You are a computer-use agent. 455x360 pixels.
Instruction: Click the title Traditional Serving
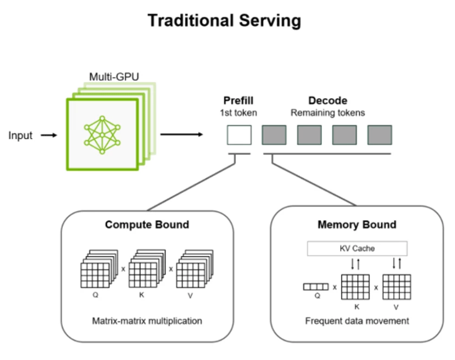tap(224, 21)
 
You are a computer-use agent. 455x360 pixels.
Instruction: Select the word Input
tap(21, 136)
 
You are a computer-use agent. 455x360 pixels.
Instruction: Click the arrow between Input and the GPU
tap(49, 136)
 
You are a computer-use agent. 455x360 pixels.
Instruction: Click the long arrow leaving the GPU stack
tap(181, 133)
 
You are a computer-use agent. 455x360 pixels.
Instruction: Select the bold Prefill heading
tap(238, 101)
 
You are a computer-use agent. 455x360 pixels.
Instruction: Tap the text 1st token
tap(238, 113)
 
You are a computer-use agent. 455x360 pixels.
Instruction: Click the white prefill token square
tap(239, 135)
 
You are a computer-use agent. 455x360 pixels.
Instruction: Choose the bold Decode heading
tap(328, 101)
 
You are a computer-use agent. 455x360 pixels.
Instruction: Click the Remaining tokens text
tap(328, 113)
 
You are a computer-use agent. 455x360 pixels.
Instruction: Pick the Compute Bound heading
tap(147, 224)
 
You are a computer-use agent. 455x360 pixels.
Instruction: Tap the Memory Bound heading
tap(356, 224)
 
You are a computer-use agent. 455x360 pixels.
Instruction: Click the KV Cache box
tap(356, 248)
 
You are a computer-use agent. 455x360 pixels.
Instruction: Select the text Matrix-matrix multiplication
tap(147, 321)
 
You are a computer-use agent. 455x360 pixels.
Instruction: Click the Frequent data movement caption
tap(356, 321)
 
